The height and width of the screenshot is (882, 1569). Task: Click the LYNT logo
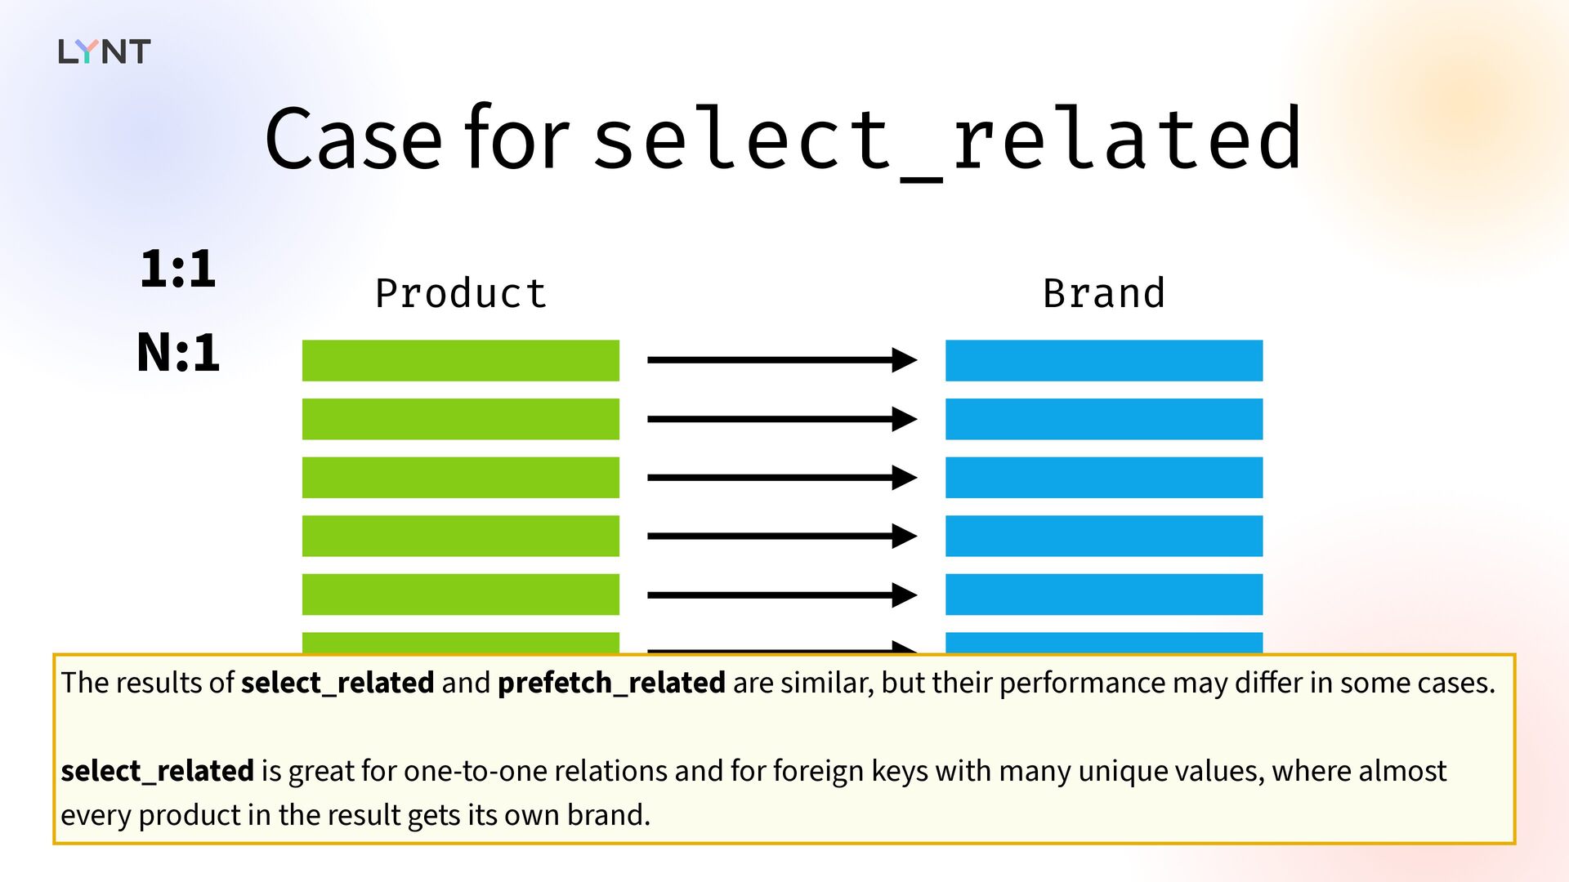coord(105,51)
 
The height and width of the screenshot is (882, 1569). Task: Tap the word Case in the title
coord(354,139)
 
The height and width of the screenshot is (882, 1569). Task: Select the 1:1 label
coord(178,269)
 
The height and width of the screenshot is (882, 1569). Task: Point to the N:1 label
coord(178,353)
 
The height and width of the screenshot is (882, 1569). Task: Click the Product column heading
coord(461,293)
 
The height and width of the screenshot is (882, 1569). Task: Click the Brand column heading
coord(1104,293)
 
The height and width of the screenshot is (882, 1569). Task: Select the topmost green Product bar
coord(461,360)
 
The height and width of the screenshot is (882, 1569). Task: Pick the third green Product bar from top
coord(461,478)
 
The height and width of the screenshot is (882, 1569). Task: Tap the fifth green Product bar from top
coord(461,595)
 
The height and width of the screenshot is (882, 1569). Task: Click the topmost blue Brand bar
coord(1104,360)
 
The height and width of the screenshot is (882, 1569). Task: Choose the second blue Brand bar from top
coord(1104,419)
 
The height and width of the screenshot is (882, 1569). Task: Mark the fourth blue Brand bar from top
coord(1104,536)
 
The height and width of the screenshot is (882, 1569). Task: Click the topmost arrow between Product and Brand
coord(782,359)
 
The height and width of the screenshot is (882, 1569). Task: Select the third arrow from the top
coord(782,477)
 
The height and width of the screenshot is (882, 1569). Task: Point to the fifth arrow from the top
coord(782,595)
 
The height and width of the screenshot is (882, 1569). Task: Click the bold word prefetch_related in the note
coord(611,683)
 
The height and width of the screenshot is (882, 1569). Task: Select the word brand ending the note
coord(609,815)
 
